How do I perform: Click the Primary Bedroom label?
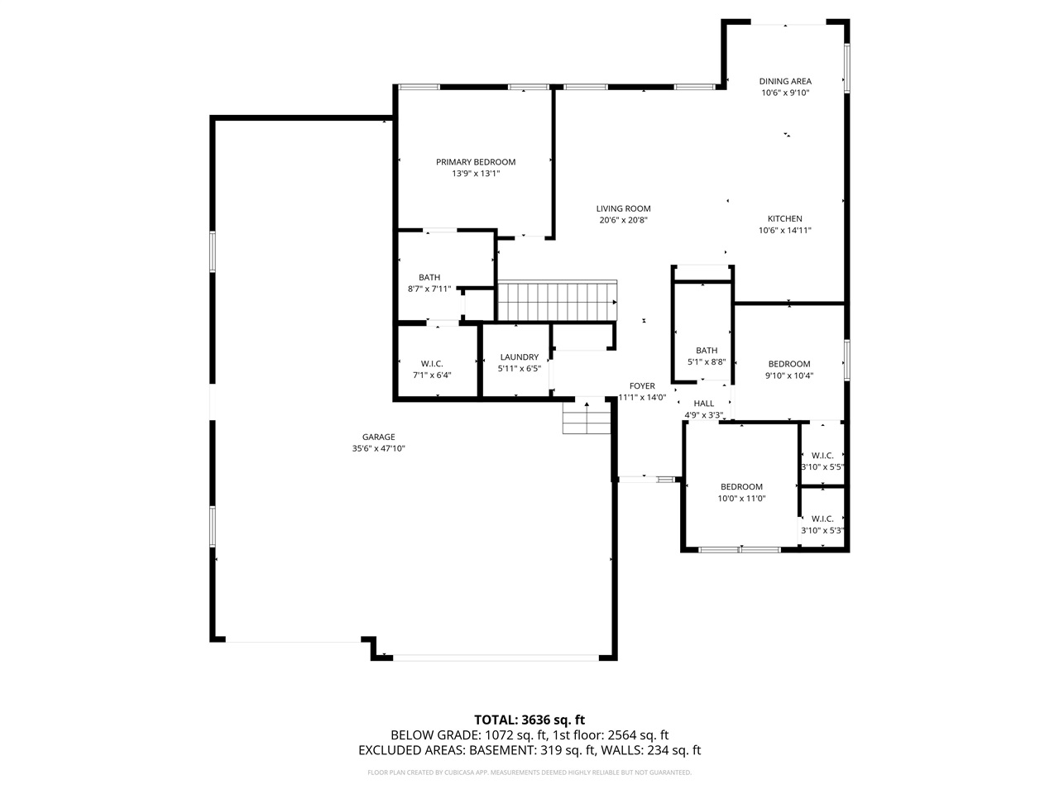point(476,162)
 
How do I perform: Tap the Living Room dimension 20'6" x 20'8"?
point(623,221)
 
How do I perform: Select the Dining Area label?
point(785,81)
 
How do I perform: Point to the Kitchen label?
point(784,218)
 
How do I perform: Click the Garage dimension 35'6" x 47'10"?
point(378,449)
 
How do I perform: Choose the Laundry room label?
point(519,357)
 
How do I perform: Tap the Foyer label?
point(642,385)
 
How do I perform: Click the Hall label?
point(703,404)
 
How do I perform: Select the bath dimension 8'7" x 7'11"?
point(429,289)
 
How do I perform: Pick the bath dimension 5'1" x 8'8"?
point(707,362)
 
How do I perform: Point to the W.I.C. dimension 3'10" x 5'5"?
point(822,467)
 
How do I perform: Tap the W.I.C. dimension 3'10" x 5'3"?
point(822,531)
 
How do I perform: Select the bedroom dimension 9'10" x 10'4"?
point(788,375)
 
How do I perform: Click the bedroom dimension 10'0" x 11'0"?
point(741,499)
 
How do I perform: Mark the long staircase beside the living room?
point(557,301)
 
